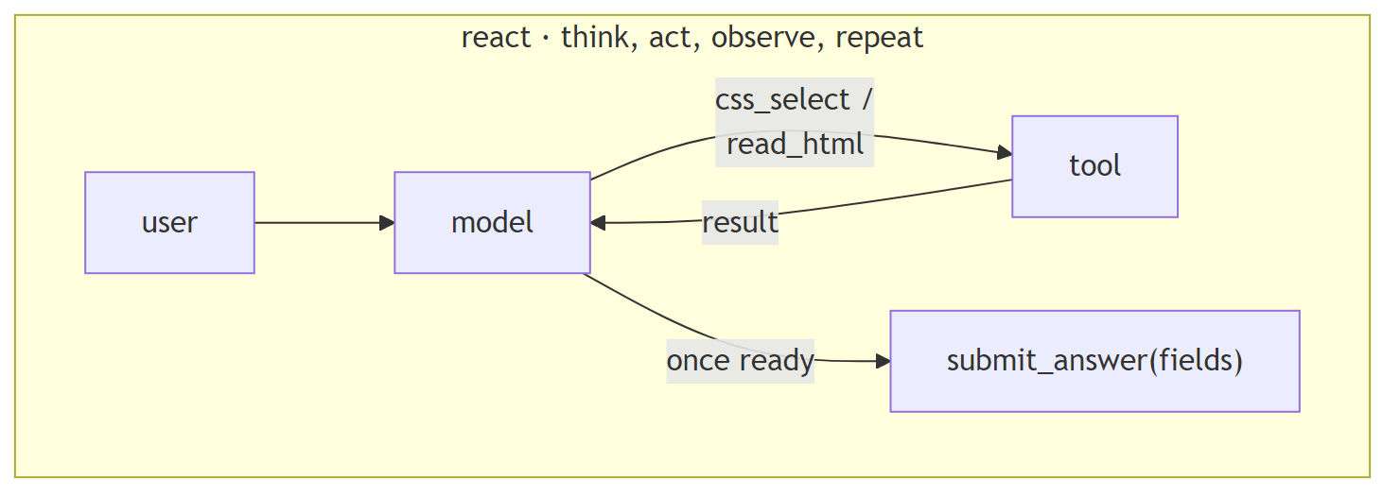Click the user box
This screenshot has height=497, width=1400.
pyautogui.click(x=169, y=223)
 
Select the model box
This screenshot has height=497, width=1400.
pyautogui.click(x=492, y=223)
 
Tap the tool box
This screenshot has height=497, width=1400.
pyautogui.click(x=1094, y=166)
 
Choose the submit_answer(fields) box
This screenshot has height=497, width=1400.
pyautogui.click(x=1094, y=361)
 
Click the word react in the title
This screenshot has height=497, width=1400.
pyautogui.click(x=496, y=38)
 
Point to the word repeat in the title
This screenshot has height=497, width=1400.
pyautogui.click(x=880, y=38)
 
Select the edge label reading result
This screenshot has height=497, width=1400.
pyautogui.click(x=740, y=223)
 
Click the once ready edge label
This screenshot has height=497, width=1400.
pyautogui.click(x=740, y=361)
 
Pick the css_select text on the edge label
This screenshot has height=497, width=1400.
pyautogui.click(x=782, y=99)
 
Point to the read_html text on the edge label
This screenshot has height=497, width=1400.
pyautogui.click(x=795, y=145)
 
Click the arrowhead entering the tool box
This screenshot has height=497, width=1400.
pyautogui.click(x=1005, y=152)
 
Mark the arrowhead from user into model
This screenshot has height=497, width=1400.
pyautogui.click(x=387, y=223)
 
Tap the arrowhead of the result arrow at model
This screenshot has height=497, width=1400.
pyautogui.click(x=599, y=223)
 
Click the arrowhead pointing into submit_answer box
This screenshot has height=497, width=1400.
pyautogui.click(x=883, y=361)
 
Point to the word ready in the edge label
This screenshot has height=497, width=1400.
pyautogui.click(x=776, y=361)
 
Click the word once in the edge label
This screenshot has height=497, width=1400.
pyautogui.click(x=698, y=361)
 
